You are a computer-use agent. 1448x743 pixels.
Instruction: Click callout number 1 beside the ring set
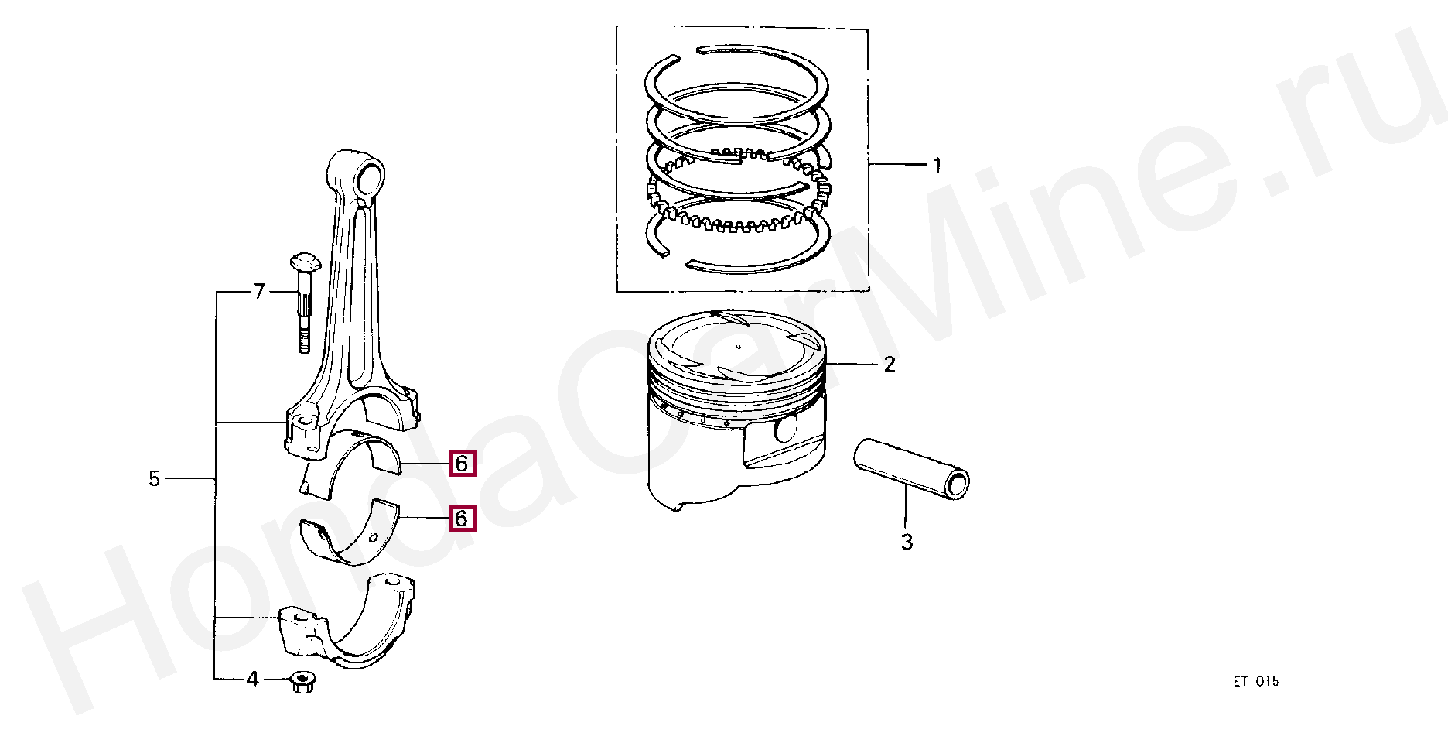937,165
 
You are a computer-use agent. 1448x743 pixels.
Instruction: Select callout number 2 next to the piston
890,364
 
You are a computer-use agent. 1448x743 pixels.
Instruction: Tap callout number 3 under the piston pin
907,543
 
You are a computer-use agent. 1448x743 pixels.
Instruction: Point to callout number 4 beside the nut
252,680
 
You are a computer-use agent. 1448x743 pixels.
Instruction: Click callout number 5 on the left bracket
155,480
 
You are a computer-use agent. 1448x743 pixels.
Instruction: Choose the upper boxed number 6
462,464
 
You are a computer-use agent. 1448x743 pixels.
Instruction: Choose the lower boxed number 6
462,518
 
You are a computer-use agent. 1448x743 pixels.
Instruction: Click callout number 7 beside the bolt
259,292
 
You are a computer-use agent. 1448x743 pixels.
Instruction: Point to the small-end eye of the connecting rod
370,176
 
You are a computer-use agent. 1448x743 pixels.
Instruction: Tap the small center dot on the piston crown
738,346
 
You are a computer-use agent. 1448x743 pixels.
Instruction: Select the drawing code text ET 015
1256,682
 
